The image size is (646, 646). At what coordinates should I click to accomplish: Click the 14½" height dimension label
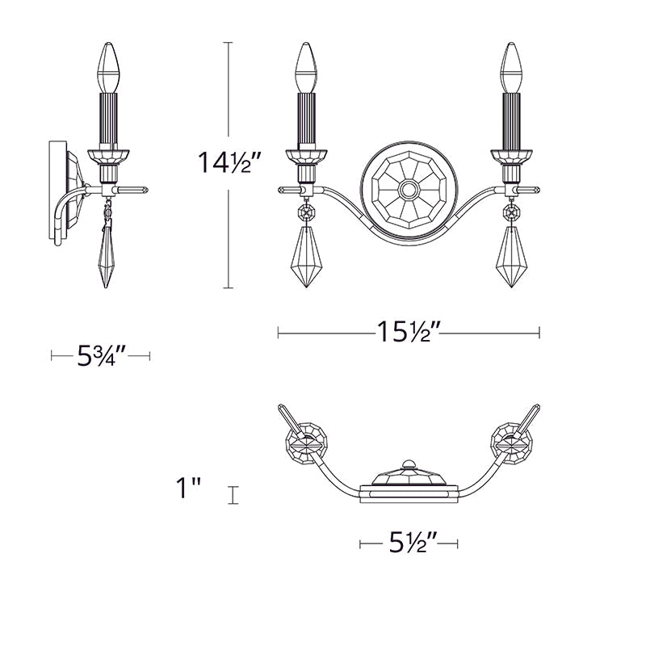tap(229, 165)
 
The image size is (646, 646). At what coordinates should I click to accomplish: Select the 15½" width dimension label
tap(408, 332)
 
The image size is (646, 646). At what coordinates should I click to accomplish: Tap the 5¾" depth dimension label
tap(101, 355)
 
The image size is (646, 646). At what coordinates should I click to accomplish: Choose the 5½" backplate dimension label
tap(409, 543)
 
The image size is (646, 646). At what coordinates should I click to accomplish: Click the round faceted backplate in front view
tap(408, 191)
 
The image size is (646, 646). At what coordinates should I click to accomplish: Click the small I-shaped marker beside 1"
tap(233, 495)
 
